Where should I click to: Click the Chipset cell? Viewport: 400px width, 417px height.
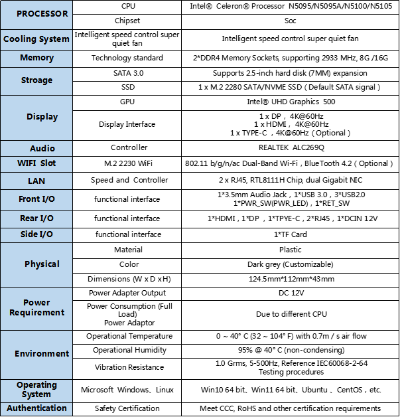127,21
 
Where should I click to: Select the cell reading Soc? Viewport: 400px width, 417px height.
291,21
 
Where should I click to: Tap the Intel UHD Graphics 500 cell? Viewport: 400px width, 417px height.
291,103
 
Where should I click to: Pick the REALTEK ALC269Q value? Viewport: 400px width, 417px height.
291,148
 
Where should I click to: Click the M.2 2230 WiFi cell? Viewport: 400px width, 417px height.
127,163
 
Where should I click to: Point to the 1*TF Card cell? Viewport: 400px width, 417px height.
291,234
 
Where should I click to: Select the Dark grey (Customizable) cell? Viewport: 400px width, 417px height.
291,264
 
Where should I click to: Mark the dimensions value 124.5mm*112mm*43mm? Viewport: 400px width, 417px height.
291,279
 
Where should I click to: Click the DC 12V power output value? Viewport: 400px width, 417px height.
291,293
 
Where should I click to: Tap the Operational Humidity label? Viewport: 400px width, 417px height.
127,350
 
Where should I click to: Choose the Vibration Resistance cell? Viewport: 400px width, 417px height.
127,367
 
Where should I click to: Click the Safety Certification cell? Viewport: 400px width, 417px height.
127,408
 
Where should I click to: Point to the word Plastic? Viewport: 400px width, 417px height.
291,250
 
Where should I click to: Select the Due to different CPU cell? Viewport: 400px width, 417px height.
291,314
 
